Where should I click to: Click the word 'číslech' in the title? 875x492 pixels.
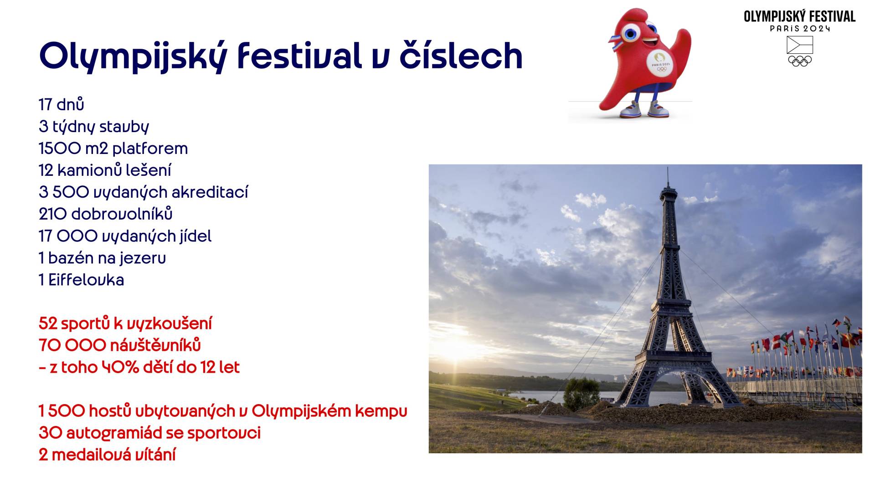(461, 55)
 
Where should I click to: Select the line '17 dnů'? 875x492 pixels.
(62, 104)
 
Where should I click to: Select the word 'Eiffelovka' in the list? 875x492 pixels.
(86, 279)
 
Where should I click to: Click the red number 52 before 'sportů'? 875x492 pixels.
(48, 323)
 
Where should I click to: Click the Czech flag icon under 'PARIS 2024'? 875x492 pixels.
(800, 45)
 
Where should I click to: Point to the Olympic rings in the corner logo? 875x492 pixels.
(800, 61)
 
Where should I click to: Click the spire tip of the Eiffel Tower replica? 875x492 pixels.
(668, 168)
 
